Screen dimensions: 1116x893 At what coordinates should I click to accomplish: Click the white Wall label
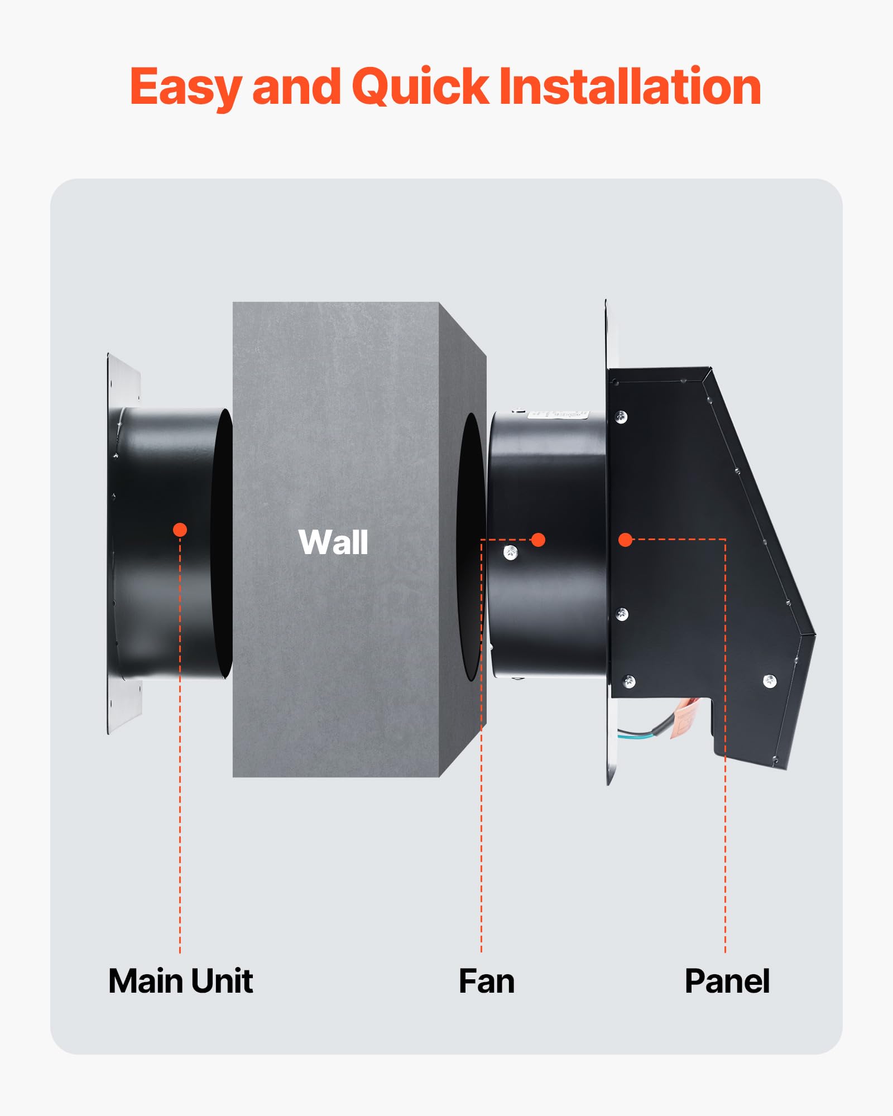333,542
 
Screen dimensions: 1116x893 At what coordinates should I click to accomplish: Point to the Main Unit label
180,981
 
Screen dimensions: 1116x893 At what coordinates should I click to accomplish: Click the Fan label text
486,981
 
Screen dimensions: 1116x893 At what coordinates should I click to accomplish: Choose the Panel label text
727,981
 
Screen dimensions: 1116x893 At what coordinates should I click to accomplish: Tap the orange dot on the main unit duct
180,530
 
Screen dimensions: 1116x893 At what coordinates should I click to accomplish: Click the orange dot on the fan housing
538,540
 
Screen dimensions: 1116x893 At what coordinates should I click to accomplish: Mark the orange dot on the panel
625,540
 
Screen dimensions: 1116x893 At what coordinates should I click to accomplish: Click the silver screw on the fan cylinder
511,553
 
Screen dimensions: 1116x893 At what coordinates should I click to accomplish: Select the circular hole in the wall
470,547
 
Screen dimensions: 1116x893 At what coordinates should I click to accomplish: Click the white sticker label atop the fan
558,415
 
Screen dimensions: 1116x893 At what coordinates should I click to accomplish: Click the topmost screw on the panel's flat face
621,416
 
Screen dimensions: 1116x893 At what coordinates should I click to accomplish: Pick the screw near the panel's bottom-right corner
770,681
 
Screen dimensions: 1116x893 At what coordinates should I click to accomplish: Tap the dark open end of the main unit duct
222,544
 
